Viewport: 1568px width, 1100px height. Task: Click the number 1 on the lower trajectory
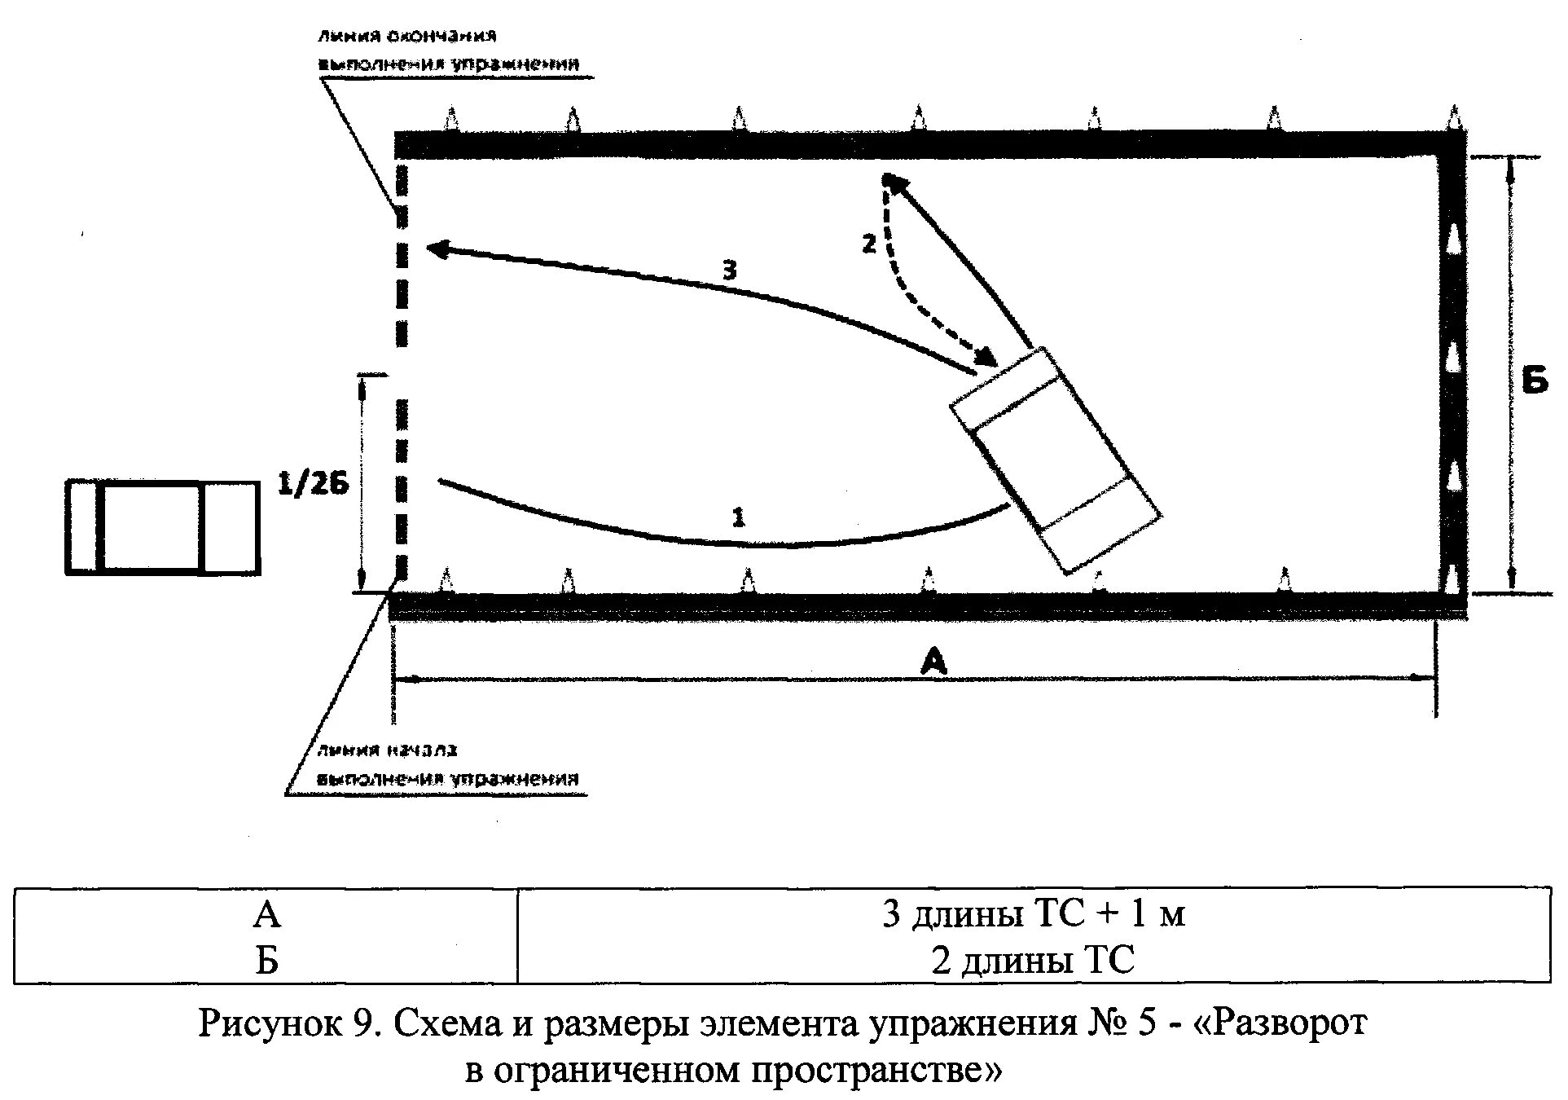click(738, 517)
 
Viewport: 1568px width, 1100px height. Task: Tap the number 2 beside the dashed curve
click(869, 243)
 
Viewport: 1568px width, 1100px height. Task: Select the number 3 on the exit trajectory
click(729, 270)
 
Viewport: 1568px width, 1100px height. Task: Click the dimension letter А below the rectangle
click(933, 662)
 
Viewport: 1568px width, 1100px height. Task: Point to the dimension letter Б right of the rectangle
click(1535, 380)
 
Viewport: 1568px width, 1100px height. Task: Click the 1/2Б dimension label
click(314, 485)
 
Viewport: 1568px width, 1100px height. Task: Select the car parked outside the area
click(163, 528)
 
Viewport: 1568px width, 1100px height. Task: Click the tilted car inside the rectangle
click(1056, 460)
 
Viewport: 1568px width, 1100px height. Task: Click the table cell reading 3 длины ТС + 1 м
click(1033, 914)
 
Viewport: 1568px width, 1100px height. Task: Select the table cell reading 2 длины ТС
click(1033, 961)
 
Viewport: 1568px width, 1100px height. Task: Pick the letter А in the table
click(267, 915)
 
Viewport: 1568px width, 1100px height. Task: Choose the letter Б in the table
click(267, 961)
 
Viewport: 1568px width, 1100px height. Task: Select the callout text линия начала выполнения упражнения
click(447, 764)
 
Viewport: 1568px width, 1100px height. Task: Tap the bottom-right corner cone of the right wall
click(1452, 579)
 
